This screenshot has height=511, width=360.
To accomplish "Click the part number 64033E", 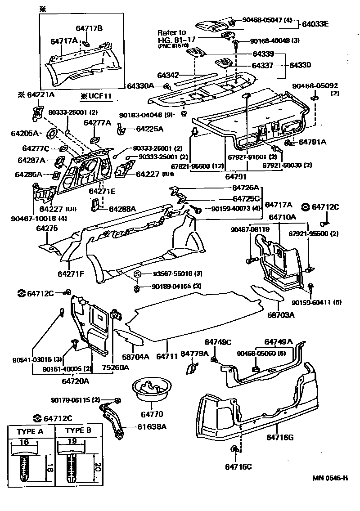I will pos(315,24).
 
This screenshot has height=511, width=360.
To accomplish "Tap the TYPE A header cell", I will pos(30,431).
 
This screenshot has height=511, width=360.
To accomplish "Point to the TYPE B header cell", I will pos(78,430).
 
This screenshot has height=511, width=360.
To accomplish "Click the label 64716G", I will pos(280,437).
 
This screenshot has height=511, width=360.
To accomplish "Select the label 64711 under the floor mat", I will pos(166,357).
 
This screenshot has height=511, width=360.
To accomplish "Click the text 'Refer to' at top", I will pos(171,32).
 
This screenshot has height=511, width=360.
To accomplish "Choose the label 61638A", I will pos(151,426).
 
